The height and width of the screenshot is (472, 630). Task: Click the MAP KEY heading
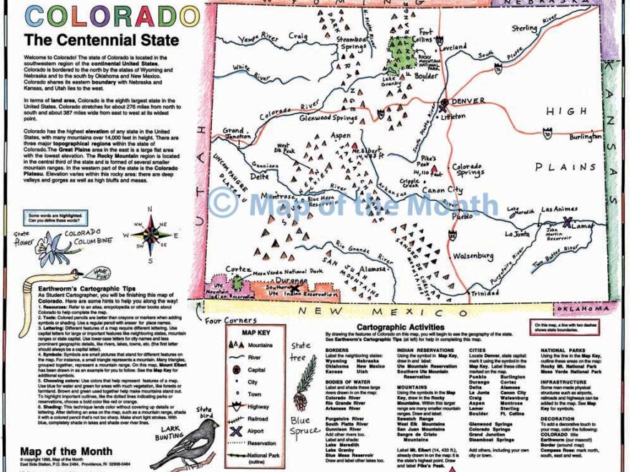pos(259,332)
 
